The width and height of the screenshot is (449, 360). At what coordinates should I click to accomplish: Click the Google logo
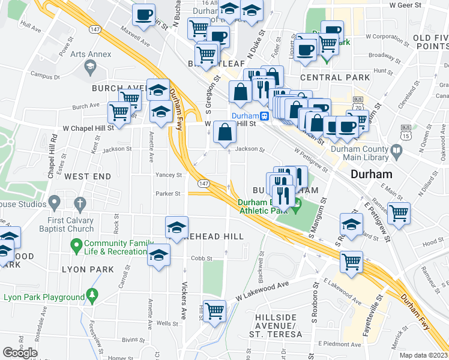(19, 353)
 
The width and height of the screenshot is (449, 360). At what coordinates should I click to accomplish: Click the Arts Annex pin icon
(90, 65)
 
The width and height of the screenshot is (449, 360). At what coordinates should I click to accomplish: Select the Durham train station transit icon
(264, 116)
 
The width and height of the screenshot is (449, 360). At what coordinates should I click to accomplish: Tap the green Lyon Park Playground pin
(91, 295)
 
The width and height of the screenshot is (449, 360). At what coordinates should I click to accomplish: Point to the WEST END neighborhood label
(88, 176)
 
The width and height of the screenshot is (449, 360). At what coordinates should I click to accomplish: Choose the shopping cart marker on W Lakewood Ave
(215, 311)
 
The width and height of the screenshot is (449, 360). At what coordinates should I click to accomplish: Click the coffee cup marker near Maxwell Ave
(143, 16)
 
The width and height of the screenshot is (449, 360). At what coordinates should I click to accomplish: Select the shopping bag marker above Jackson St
(224, 132)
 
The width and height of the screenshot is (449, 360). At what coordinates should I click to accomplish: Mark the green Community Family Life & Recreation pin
(76, 245)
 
